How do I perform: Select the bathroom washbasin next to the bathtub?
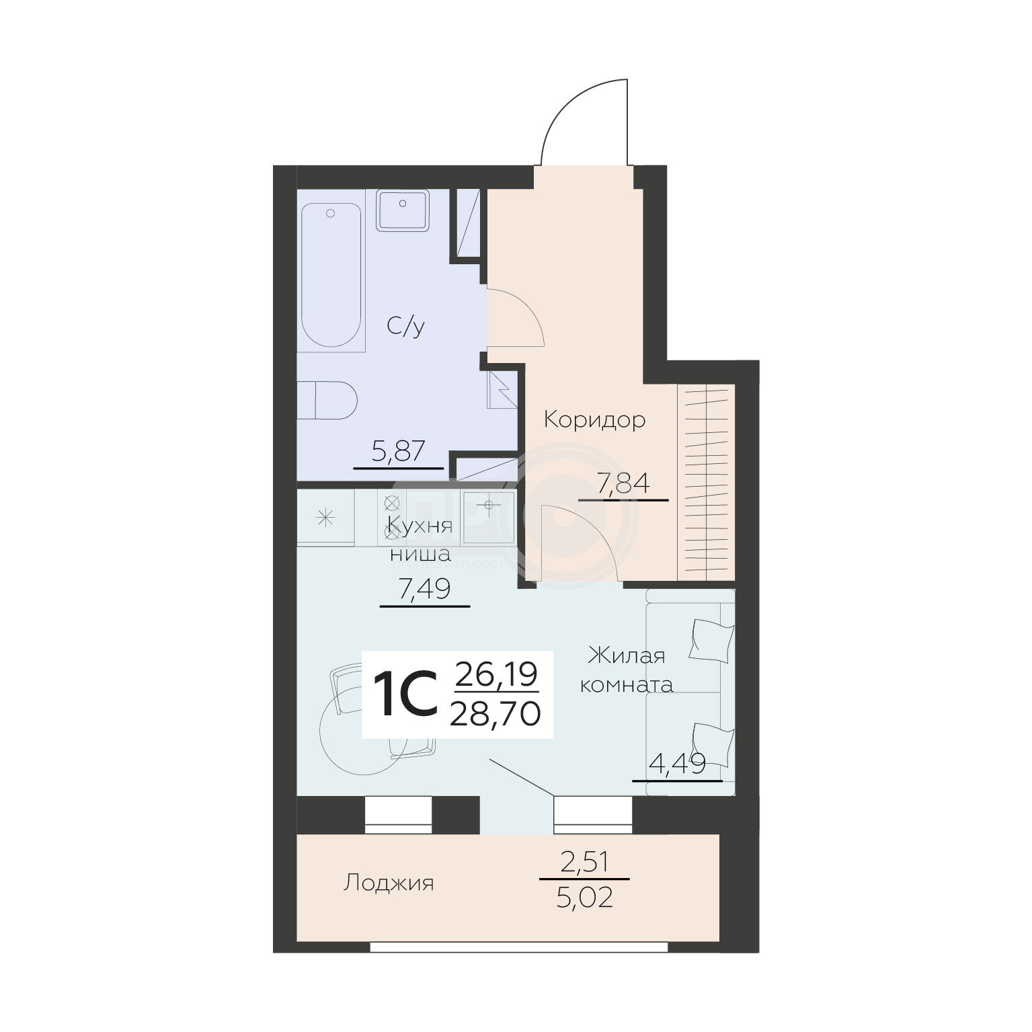(402, 211)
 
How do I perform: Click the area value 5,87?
(398, 450)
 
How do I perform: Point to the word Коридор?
(594, 420)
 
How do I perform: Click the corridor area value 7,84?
(623, 483)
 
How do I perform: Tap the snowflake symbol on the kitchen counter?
(326, 517)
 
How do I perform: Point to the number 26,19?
(496, 674)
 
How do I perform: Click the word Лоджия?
(389, 883)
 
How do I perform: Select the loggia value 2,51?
(584, 862)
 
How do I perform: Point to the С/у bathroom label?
(405, 327)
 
